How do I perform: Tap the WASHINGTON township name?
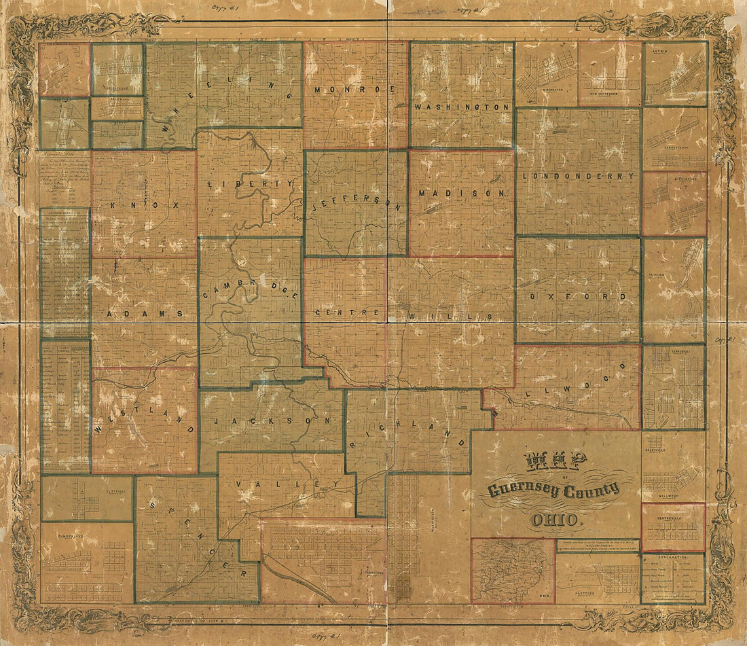(x=462, y=107)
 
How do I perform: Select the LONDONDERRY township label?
(x=579, y=175)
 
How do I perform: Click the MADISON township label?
(x=462, y=193)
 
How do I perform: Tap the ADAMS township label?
(x=145, y=314)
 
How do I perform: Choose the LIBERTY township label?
(x=251, y=184)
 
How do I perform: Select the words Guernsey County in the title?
(x=553, y=490)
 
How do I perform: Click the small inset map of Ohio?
(x=513, y=571)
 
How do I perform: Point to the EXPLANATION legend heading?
(x=674, y=558)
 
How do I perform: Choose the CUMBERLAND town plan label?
(x=58, y=533)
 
